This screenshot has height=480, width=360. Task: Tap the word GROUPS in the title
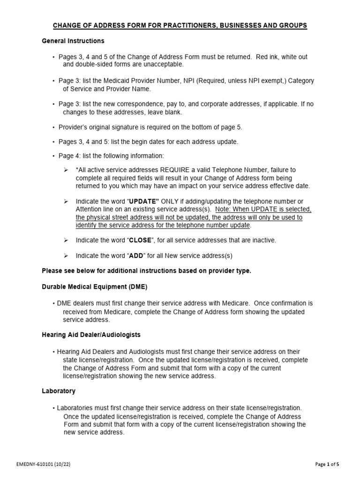(x=290, y=25)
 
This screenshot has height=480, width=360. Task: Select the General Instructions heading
(x=73, y=41)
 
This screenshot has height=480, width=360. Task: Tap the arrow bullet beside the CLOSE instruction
(x=66, y=240)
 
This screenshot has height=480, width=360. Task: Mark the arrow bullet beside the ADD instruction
(x=66, y=255)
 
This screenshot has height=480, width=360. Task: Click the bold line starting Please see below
(x=147, y=271)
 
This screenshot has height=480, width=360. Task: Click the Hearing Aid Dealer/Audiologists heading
(x=91, y=335)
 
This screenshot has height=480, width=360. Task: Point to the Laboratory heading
(x=59, y=391)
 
